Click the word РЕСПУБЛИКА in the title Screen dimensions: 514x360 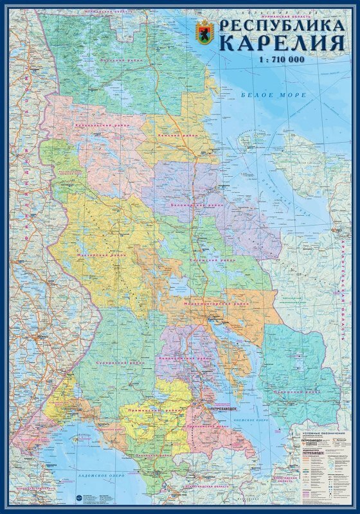coord(282,26)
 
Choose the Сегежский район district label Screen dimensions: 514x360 coord(213,260)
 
